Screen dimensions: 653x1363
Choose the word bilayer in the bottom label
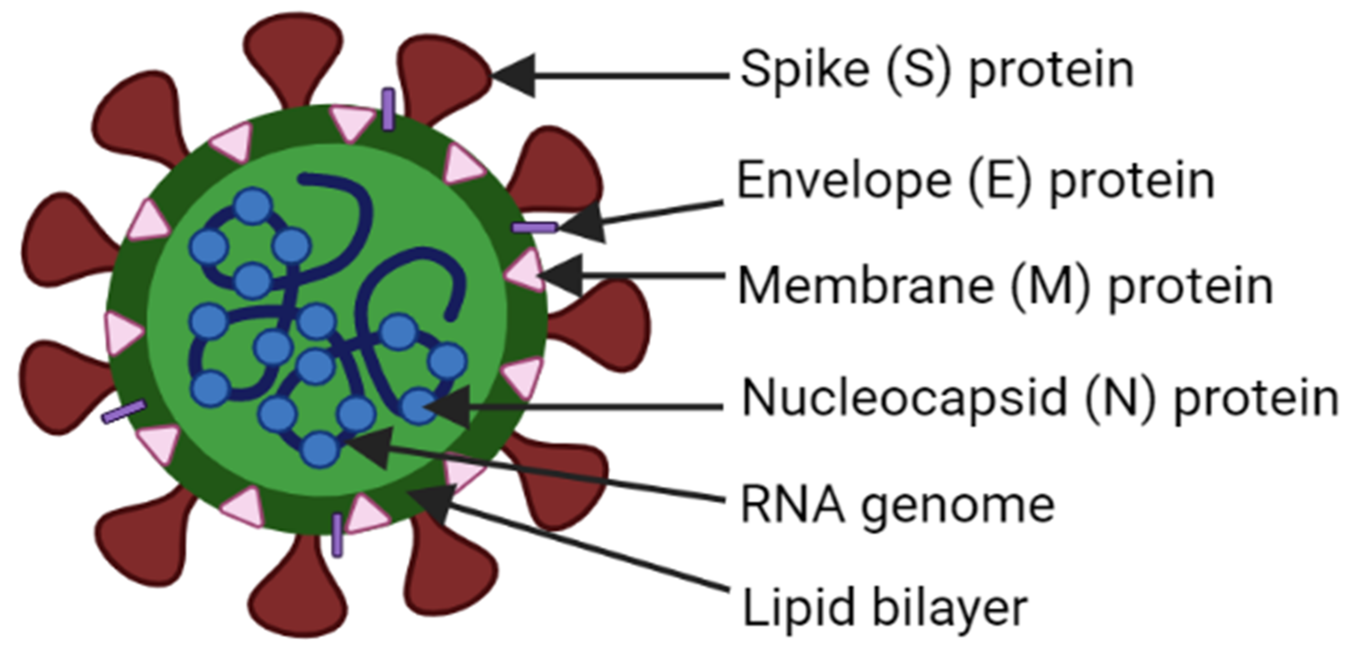950,608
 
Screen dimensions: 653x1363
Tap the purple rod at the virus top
389,109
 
